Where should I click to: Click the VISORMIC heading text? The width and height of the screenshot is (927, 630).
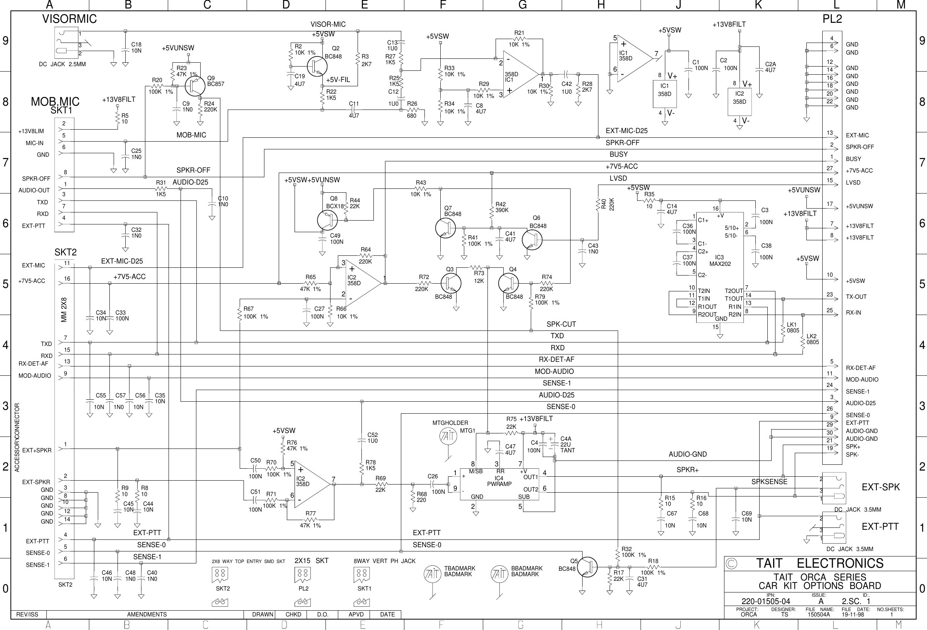point(70,19)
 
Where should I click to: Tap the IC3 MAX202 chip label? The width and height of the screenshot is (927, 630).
point(719,261)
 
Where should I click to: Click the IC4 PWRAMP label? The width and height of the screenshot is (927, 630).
point(499,481)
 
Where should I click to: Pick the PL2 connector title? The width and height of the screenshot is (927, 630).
point(832,19)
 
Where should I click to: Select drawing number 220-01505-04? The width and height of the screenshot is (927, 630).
point(765,601)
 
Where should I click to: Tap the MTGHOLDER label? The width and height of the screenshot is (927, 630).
point(450,423)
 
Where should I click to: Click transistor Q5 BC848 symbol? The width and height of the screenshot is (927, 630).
point(587,567)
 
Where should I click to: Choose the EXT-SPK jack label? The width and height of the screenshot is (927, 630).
point(881,487)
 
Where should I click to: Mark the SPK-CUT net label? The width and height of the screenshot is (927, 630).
point(561,324)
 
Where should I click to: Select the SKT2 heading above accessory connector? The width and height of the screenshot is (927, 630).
point(65,252)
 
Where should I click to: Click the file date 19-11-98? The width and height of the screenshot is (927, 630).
point(852,615)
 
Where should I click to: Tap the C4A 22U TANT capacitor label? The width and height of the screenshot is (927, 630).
point(567,444)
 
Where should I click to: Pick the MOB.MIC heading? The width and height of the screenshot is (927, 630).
point(55,101)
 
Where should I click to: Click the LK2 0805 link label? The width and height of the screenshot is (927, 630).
point(812,339)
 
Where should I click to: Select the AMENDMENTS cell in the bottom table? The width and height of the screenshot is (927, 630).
point(147,615)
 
